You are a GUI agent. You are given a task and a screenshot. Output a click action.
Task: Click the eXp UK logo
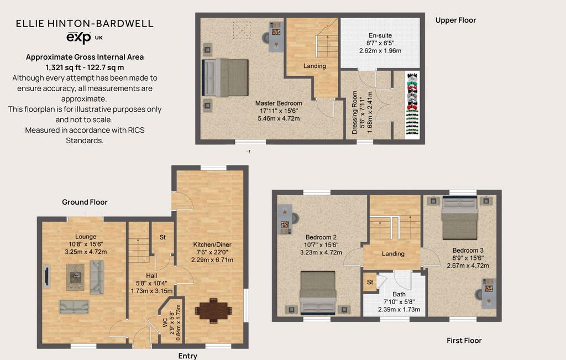[x=85, y=38]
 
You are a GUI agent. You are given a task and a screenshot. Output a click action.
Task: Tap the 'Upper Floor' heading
[x=455, y=20]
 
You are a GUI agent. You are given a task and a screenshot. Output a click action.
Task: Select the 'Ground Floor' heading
[x=85, y=202]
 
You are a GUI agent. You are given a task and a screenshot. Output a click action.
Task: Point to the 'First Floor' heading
[x=464, y=341]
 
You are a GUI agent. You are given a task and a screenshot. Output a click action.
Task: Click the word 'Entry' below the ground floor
[x=188, y=356]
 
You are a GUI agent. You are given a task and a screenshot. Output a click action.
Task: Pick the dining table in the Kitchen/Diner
[x=213, y=310]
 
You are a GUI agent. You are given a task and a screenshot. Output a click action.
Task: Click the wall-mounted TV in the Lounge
[x=46, y=276]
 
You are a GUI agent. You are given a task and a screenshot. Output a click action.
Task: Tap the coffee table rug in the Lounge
[x=75, y=277]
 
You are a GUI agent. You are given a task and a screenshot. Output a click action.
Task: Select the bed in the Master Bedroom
[x=226, y=77]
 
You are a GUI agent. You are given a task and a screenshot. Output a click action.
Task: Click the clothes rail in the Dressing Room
[x=412, y=105]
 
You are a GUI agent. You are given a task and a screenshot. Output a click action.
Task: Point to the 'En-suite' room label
[x=380, y=35]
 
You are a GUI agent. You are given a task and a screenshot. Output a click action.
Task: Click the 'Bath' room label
[x=399, y=294]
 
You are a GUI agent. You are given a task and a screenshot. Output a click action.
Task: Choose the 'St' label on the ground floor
[x=163, y=237]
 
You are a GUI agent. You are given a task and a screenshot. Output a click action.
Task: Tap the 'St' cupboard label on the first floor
[x=370, y=282]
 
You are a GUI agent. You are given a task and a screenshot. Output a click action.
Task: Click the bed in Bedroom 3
[x=460, y=218]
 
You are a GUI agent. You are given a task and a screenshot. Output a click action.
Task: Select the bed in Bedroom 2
[x=318, y=292]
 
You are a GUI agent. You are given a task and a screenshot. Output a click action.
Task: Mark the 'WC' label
[x=165, y=322]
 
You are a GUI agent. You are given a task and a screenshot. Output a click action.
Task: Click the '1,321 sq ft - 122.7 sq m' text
[x=85, y=67]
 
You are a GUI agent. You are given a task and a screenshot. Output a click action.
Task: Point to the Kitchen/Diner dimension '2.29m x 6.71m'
[x=212, y=259]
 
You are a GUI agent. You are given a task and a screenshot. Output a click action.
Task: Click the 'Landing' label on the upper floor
[x=315, y=66]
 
